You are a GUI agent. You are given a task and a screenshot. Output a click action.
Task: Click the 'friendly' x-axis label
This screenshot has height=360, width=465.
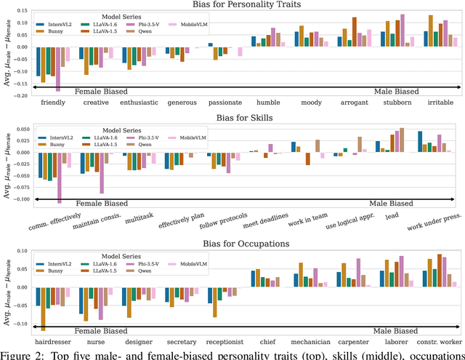(54, 103)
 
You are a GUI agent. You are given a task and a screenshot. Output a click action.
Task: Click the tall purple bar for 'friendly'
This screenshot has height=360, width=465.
(57, 69)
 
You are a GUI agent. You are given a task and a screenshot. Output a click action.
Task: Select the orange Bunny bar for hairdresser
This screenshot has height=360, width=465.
(43, 309)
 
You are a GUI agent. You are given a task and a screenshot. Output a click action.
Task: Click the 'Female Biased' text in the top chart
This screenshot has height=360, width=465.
(96, 92)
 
